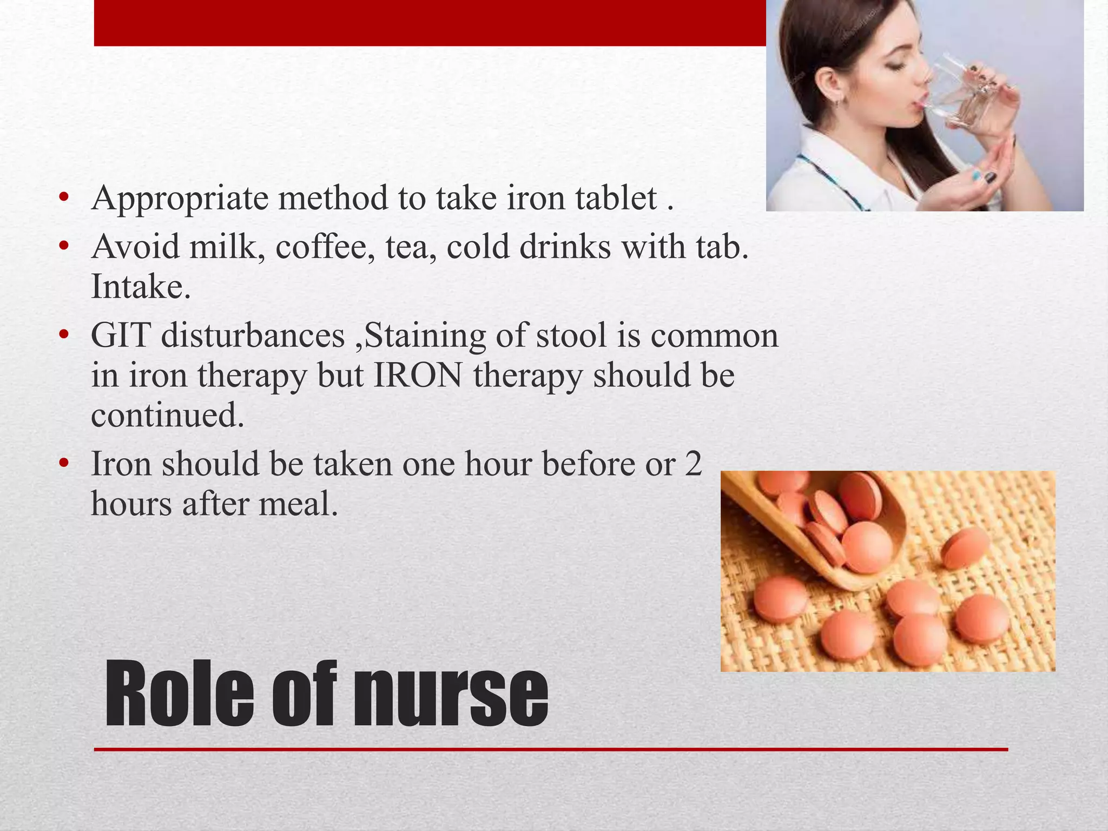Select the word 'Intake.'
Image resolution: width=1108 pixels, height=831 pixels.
141,287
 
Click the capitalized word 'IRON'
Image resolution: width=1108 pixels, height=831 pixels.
418,375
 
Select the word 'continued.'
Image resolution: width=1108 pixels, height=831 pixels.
168,415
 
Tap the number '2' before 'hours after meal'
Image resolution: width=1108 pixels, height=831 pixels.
693,464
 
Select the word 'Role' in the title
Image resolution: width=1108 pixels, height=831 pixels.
179,695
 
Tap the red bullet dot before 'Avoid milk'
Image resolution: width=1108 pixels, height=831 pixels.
64,247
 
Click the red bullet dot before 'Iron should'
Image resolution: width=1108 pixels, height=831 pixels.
64,464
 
